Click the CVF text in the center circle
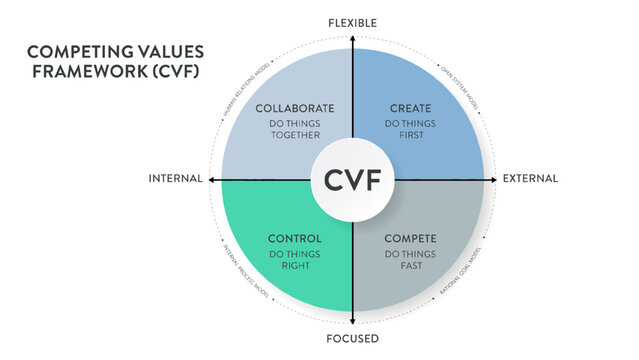353,181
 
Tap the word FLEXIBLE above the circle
353,22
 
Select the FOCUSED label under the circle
353,339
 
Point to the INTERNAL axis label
175,179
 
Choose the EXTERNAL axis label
530,179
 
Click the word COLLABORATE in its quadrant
295,108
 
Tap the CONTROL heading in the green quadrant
295,239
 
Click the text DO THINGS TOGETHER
295,130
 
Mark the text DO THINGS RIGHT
295,261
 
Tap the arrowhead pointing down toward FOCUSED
353,322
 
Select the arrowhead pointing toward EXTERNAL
494,180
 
